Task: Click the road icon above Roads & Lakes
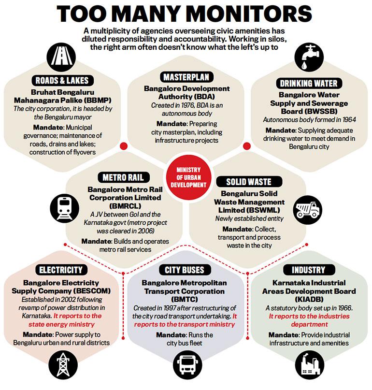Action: pos(61,58)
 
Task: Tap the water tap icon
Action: pos(309,57)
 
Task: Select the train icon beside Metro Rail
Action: pos(65,208)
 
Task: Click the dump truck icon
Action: pos(308,210)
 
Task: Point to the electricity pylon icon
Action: pos(63,365)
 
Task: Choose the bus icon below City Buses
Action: pos(187,365)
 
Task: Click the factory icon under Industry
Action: pos(310,365)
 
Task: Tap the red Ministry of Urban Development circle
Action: pos(188,177)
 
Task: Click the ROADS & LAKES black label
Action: pos(62,81)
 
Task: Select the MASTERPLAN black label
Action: pos(186,77)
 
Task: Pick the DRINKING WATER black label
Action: pos(309,83)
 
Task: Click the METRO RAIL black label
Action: pos(123,177)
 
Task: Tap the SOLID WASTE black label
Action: pos(249,182)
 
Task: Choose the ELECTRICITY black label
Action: pos(61,270)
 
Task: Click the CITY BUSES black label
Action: pos(185,270)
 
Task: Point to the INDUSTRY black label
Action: pos(309,270)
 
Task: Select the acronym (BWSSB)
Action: pos(309,111)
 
